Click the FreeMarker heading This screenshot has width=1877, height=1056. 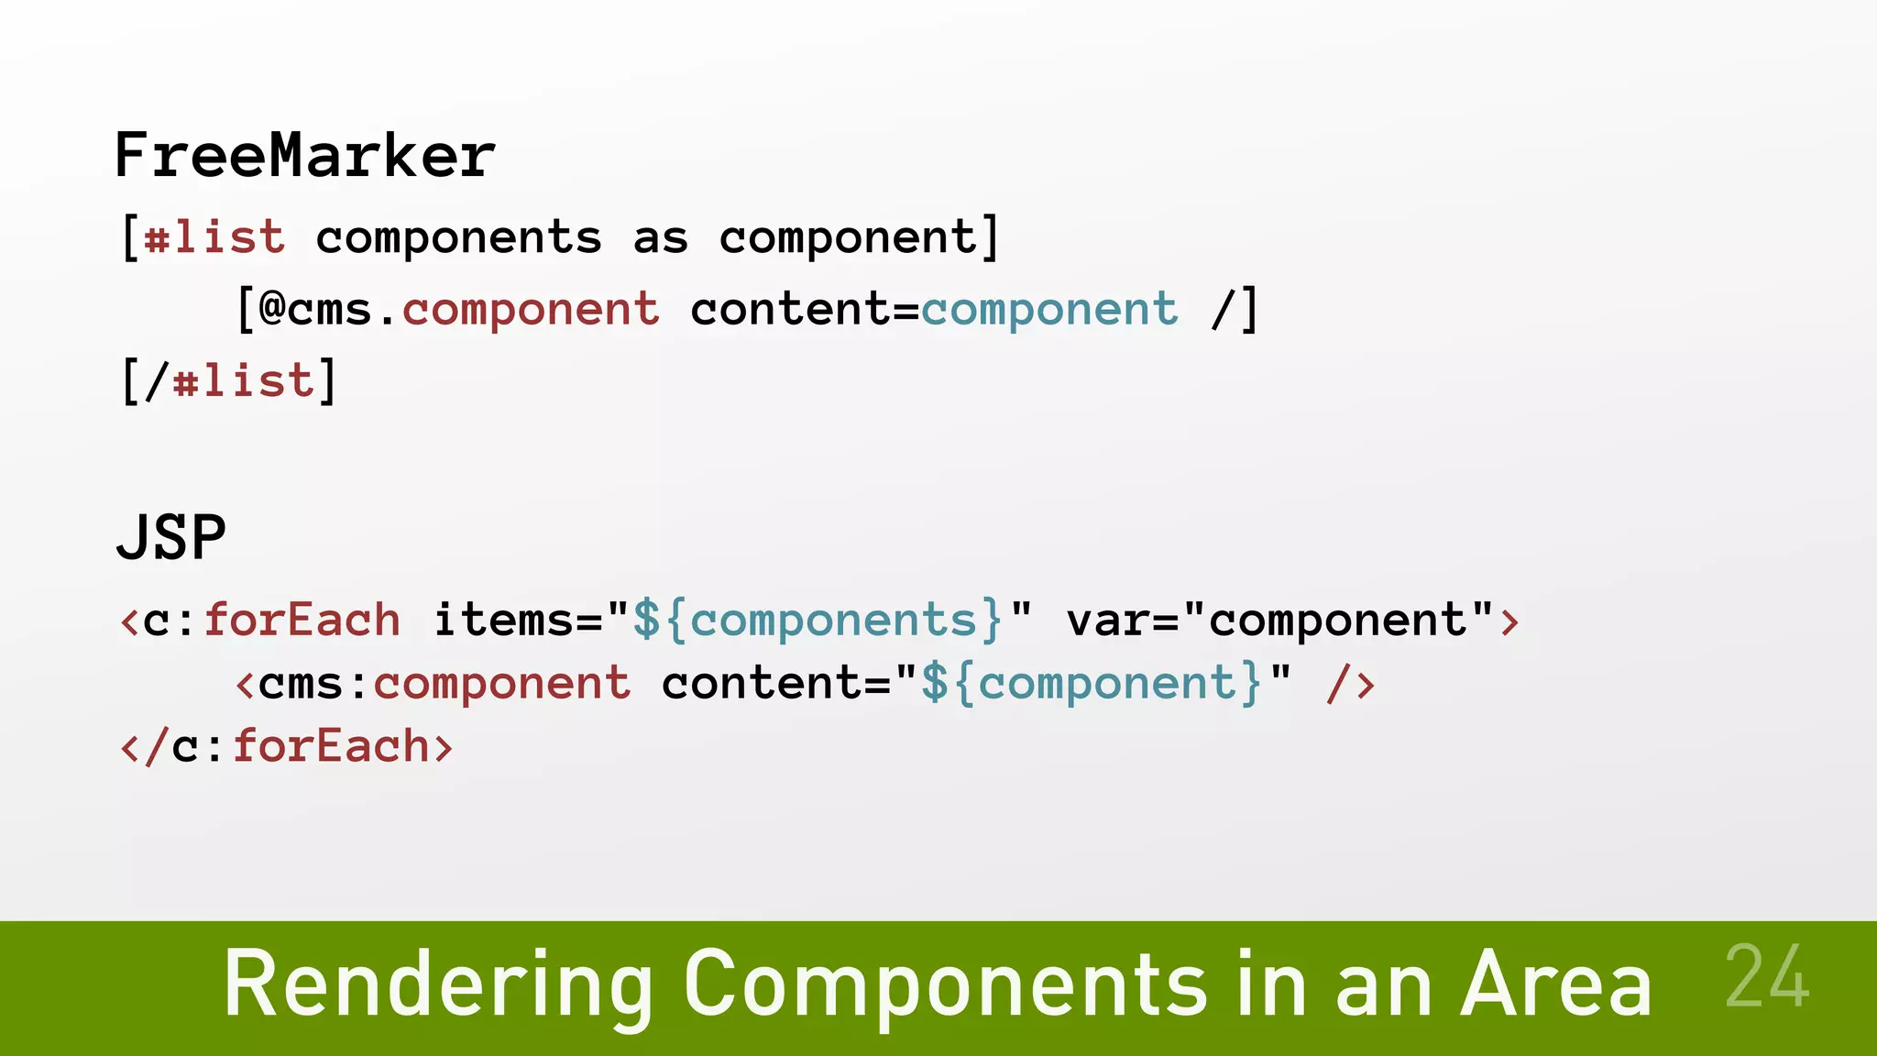304,155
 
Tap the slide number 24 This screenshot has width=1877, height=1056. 1766,977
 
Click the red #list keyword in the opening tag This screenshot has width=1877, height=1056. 214,237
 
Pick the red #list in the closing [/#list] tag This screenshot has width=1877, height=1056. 244,380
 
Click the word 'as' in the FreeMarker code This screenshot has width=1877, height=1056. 660,238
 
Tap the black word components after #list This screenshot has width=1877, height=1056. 458,238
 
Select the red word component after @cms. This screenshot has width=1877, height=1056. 531,309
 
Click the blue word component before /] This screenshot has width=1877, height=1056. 1049,309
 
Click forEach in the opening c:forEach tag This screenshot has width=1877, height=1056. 302,620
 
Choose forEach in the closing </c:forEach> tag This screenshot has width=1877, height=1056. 331,746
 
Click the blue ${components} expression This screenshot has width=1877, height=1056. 818,620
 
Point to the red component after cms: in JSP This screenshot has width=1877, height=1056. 502,684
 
